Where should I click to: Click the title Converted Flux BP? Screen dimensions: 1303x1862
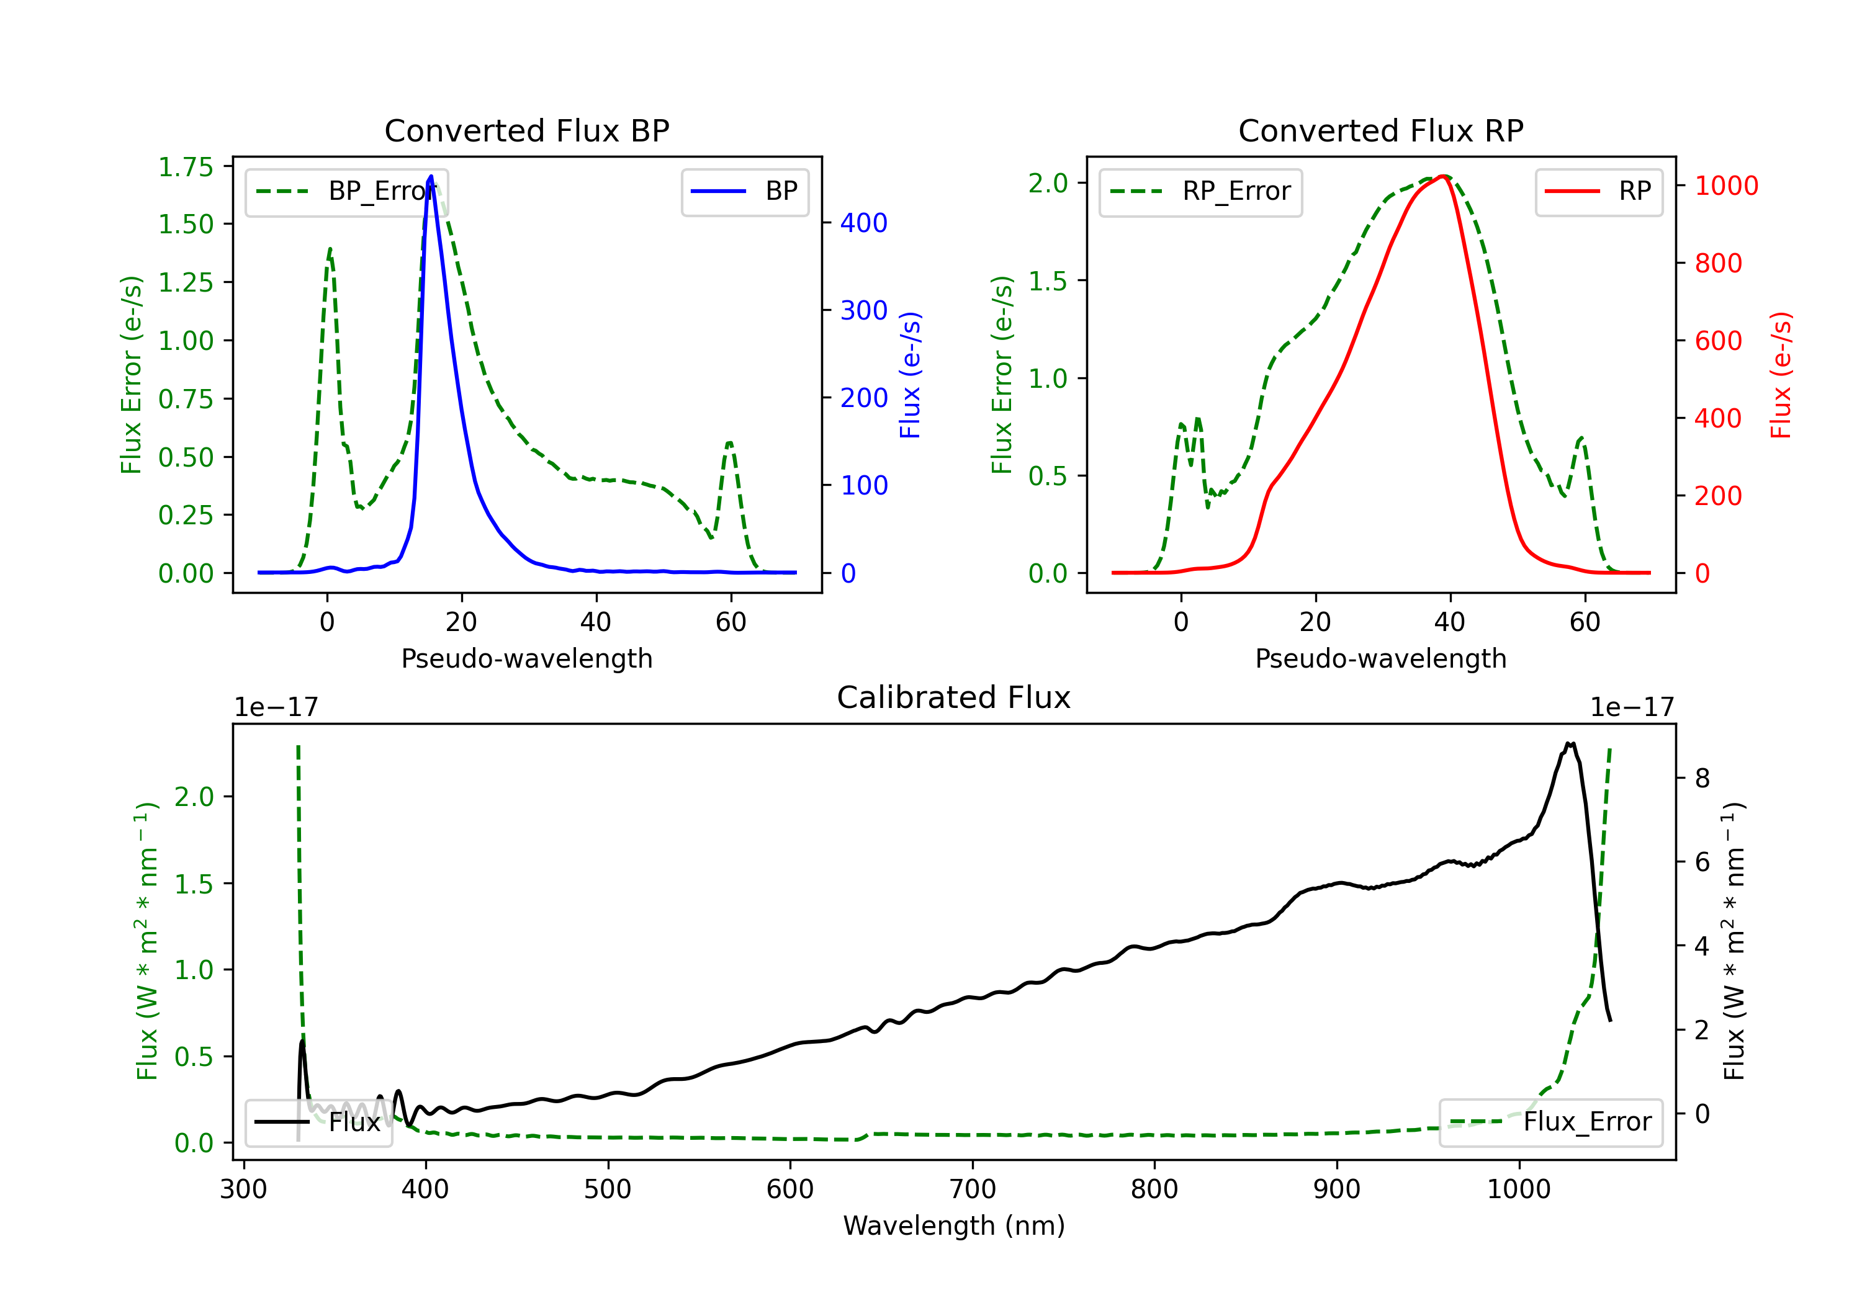[x=526, y=130]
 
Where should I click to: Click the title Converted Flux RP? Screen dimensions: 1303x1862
[x=1380, y=130]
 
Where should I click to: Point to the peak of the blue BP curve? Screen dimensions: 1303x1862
[x=431, y=176]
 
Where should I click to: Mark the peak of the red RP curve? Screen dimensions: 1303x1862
[x=1444, y=176]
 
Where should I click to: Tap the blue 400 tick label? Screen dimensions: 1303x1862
[x=864, y=223]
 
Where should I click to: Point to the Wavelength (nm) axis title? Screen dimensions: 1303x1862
[x=954, y=1225]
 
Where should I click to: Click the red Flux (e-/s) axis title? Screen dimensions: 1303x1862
[x=1781, y=375]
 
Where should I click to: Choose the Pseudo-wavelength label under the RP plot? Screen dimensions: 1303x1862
[x=1380, y=658]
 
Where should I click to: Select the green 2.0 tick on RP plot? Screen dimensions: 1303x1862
[x=1048, y=183]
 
